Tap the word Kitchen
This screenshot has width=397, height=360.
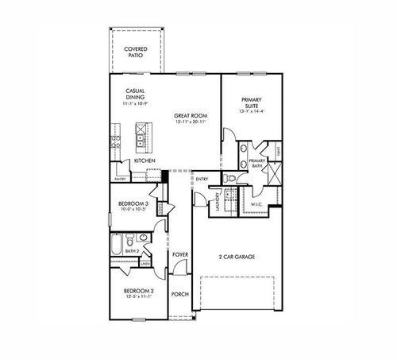point(144,161)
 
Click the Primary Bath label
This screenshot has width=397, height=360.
point(256,163)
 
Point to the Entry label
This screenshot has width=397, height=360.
point(202,179)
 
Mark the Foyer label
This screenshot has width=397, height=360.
point(179,255)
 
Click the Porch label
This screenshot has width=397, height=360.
point(179,293)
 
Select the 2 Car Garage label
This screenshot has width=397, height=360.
point(237,257)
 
